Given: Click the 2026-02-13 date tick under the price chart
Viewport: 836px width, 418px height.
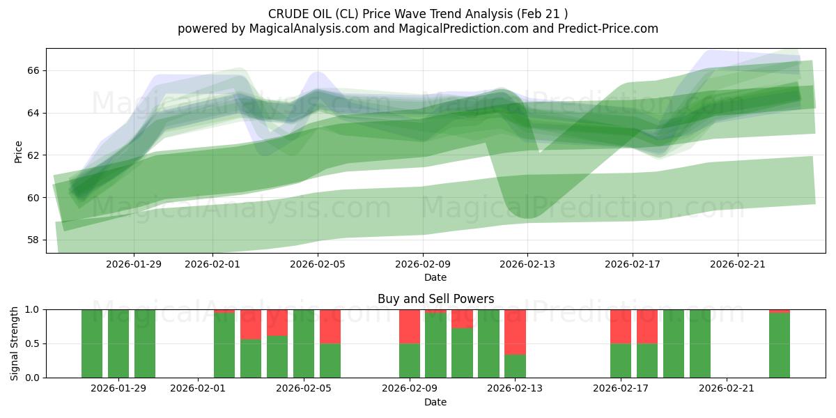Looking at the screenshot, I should click(x=527, y=265).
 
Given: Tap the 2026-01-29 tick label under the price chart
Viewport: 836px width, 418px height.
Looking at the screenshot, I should click(x=134, y=265).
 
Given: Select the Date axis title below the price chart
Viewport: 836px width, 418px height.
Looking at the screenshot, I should click(x=435, y=277).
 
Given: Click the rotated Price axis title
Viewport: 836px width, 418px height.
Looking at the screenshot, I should click(x=19, y=151).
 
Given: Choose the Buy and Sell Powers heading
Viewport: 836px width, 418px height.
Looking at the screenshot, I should click(x=435, y=299).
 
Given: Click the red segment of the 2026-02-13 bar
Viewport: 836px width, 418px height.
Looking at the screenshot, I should click(x=515, y=332).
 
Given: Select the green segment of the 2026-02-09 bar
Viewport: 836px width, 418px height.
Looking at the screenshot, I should click(x=410, y=360).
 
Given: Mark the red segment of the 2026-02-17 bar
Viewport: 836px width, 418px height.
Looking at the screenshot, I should click(x=621, y=326).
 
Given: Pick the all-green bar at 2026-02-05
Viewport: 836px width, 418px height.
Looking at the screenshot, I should click(x=304, y=343).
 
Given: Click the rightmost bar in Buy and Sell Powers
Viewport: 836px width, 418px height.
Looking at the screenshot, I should click(x=780, y=345).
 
